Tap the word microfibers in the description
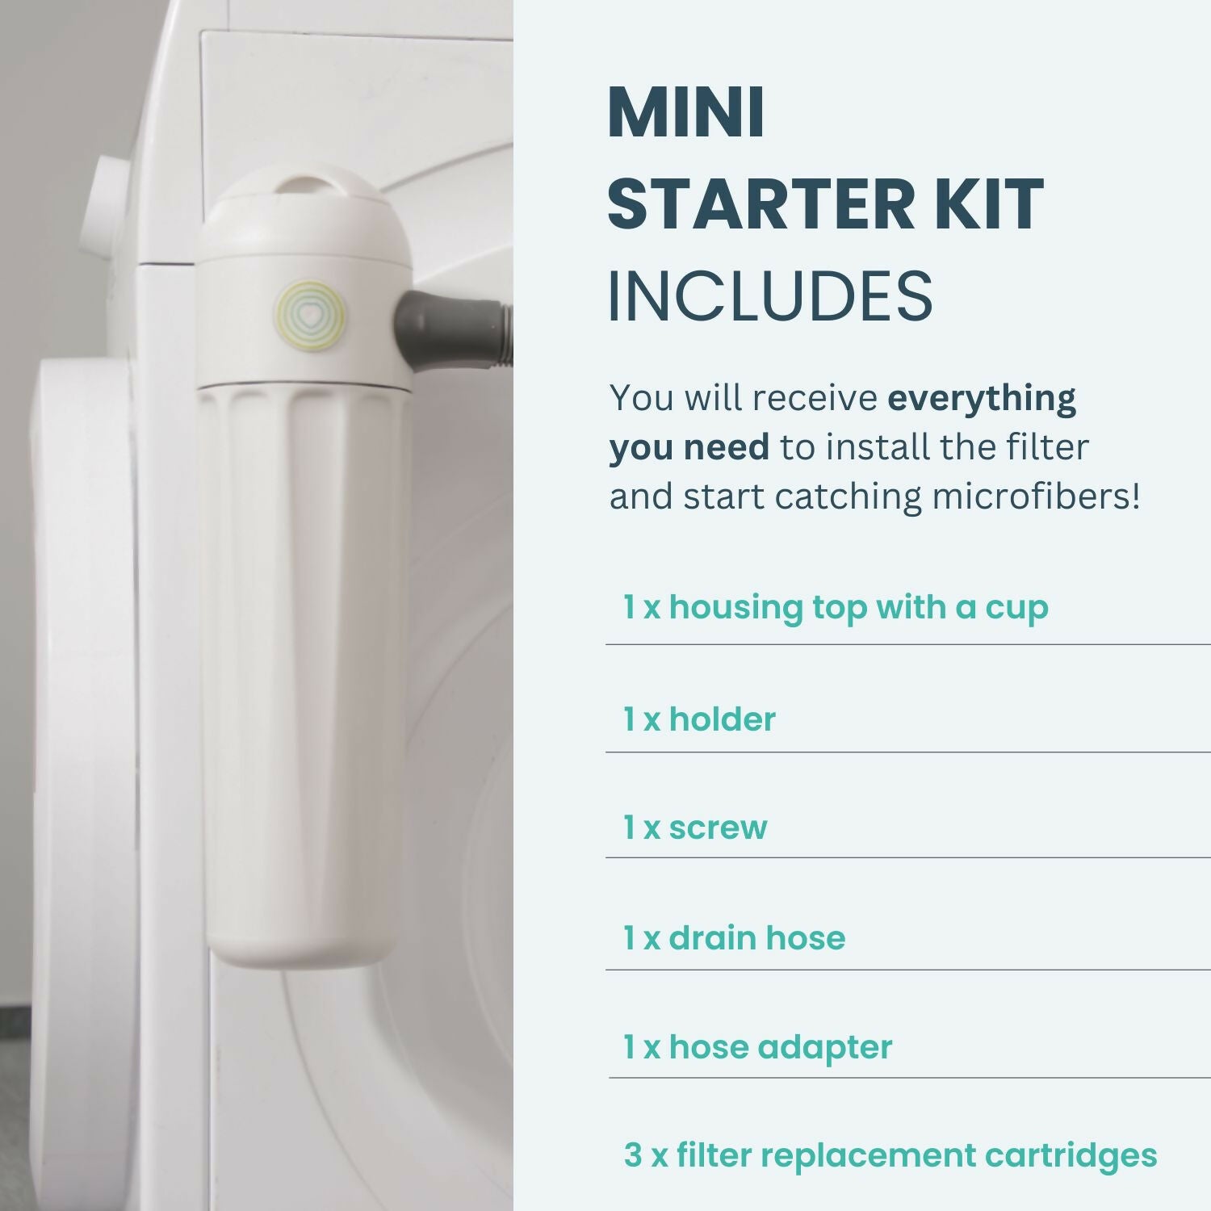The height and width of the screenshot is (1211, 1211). click(1030, 496)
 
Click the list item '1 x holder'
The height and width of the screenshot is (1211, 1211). click(699, 719)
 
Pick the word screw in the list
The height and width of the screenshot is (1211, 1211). click(718, 828)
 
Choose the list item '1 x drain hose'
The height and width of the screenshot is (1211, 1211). click(735, 937)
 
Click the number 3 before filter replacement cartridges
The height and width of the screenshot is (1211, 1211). click(633, 1155)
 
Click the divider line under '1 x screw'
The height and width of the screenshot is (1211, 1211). click(908, 857)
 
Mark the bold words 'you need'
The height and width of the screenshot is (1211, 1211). click(689, 448)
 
